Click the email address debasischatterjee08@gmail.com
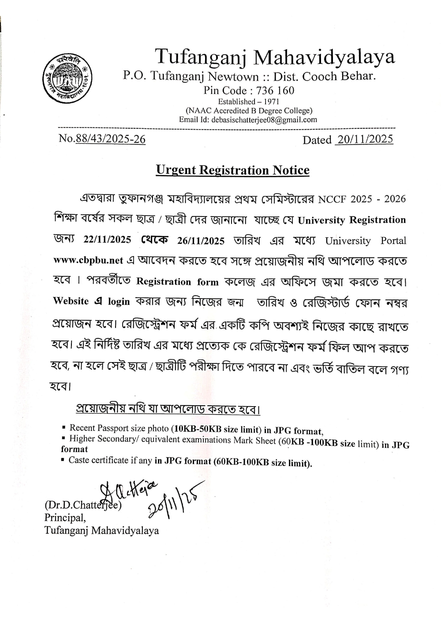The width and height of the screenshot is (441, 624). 264,120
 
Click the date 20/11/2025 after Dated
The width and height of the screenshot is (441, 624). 364,139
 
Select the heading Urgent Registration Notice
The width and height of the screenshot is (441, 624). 232,170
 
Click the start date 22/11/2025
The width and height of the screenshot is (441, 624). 107,240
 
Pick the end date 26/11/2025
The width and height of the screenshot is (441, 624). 201,240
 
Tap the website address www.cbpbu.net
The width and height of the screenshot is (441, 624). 88,260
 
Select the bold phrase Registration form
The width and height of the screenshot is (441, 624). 177,282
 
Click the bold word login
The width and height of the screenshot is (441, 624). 119,302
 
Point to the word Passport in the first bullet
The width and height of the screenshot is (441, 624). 116,428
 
